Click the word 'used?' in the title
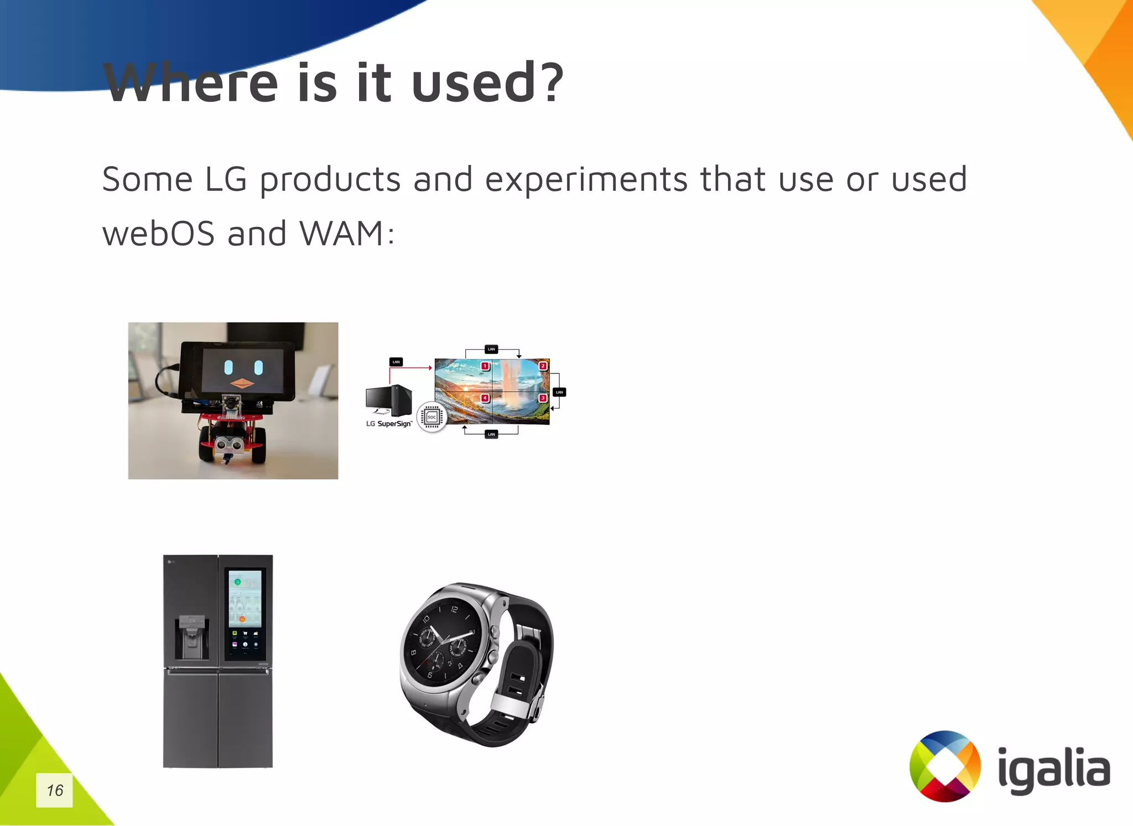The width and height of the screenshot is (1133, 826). tap(487, 83)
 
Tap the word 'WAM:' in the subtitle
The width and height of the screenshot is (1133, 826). tap(347, 233)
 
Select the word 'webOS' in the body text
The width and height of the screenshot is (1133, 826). tap(158, 233)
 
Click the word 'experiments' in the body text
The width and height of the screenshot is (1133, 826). tap(586, 180)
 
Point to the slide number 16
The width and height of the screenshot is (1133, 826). tap(54, 790)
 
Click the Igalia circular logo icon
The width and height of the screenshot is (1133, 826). tap(945, 766)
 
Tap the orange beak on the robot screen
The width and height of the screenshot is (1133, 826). tap(242, 383)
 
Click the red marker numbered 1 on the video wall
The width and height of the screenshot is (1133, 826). tap(485, 366)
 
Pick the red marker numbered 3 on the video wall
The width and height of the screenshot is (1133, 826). tap(543, 398)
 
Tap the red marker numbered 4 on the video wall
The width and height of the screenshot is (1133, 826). tap(485, 398)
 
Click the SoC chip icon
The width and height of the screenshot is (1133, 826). tap(432, 417)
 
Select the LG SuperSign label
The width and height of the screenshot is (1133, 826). tap(389, 424)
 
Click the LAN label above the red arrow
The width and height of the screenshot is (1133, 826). tap(396, 362)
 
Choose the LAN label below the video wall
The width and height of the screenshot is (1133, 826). tap(491, 434)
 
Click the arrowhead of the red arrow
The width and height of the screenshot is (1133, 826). tap(430, 367)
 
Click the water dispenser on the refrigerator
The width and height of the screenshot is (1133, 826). tap(191, 638)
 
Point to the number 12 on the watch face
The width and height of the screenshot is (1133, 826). tap(454, 609)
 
